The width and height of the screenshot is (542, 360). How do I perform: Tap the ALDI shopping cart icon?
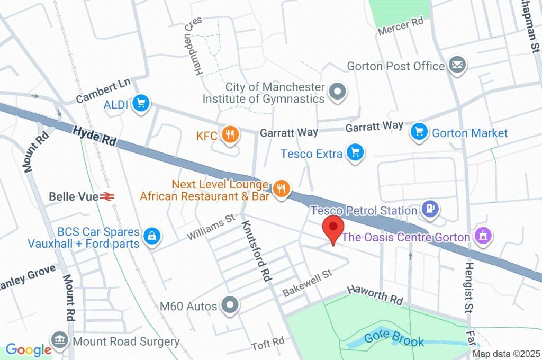click(141, 104)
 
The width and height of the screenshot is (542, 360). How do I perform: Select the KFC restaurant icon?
click(230, 135)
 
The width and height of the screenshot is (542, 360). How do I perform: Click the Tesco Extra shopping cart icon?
click(355, 153)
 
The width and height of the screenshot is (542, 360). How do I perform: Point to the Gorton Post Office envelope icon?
click(456, 66)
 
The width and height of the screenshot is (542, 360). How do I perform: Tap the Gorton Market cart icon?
click(419, 132)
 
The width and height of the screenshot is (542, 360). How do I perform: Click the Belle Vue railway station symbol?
click(108, 196)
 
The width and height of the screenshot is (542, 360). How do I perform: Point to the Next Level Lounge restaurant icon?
click(282, 189)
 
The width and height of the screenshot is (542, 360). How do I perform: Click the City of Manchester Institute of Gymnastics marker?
click(337, 92)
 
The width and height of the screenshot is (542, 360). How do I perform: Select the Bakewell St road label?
click(306, 282)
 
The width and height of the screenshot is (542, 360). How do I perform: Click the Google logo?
click(28, 349)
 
